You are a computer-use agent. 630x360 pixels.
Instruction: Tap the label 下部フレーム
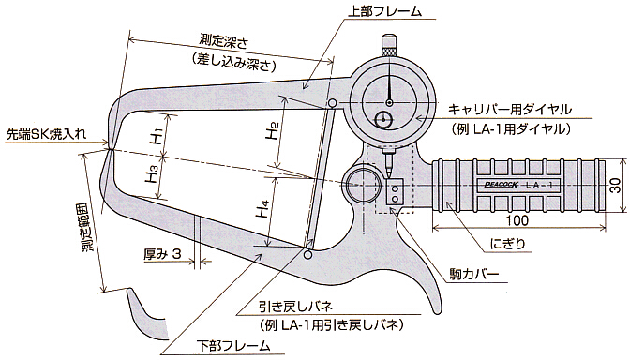233,346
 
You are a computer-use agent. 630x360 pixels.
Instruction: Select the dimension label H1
156,135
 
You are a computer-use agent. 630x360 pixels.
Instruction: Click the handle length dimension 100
517,220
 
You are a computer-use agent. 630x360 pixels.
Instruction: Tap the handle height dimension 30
615,186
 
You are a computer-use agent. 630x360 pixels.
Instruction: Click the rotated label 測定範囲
88,225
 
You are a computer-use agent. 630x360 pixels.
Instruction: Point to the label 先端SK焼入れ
46,134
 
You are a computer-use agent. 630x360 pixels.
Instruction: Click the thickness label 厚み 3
163,254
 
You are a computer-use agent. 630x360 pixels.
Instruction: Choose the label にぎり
508,243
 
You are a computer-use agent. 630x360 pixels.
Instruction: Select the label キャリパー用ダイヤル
509,109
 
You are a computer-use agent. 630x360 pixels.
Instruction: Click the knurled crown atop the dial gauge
390,46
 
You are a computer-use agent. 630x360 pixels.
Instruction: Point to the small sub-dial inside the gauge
383,119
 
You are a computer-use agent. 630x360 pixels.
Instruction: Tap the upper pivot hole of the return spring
332,104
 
